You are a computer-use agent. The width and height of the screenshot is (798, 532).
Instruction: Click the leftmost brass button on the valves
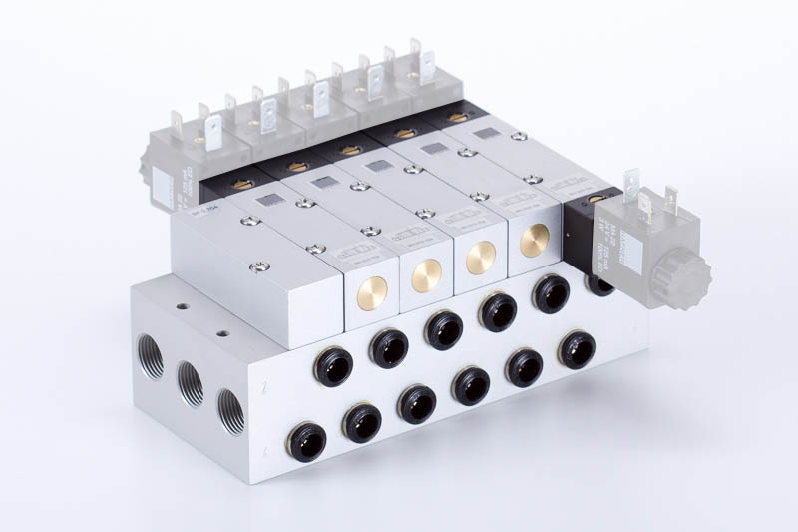click(372, 293)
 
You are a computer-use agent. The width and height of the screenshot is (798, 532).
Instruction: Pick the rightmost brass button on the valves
click(534, 241)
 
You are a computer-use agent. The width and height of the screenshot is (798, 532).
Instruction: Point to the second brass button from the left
click(428, 275)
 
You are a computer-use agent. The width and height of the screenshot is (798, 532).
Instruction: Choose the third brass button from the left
click(481, 258)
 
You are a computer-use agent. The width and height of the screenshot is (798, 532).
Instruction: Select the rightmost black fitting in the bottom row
click(577, 349)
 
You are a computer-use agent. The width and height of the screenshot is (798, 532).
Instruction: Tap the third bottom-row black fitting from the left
click(416, 403)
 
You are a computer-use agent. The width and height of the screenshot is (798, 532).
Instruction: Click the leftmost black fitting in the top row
click(333, 367)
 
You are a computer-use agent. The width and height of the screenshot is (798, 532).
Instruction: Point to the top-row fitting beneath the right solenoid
click(598, 284)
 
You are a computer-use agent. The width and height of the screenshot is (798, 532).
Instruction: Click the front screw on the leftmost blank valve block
click(261, 266)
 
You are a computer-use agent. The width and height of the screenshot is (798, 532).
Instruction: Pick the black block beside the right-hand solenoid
click(582, 231)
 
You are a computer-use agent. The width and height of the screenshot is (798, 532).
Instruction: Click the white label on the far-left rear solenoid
click(163, 188)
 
